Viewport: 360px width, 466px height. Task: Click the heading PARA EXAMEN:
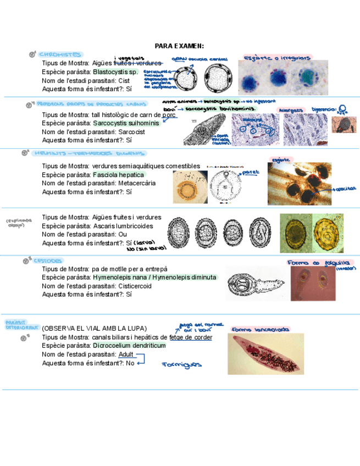(179, 46)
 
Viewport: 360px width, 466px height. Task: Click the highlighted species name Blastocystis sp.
(115, 72)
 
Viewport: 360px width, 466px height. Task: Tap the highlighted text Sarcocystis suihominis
(126, 123)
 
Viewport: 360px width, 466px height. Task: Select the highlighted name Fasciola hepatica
(118, 175)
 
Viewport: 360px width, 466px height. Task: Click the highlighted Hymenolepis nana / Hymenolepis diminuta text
(154, 278)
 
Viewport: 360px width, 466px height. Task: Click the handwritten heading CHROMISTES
(60, 54)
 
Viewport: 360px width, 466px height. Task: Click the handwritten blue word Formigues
(181, 364)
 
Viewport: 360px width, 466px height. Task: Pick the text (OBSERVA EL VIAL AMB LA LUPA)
(94, 329)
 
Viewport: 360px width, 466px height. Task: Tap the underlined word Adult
(126, 354)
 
